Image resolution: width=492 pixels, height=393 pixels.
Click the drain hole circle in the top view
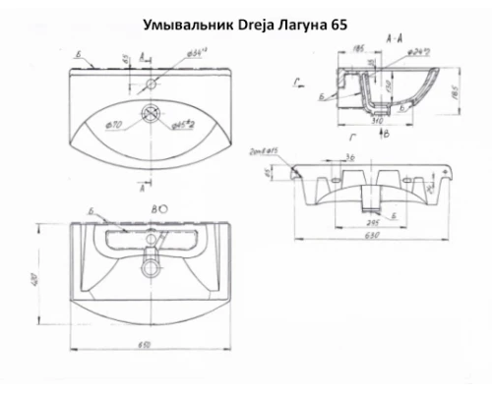(x=152, y=113)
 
